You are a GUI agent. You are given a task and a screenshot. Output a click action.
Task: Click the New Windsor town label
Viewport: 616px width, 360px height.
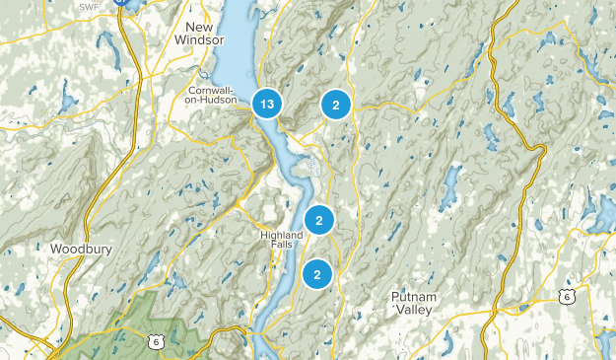click(x=199, y=32)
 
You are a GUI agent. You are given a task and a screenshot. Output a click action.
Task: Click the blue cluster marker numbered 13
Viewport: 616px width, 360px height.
click(x=266, y=104)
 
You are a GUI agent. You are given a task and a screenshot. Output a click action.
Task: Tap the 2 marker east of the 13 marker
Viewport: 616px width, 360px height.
click(x=336, y=105)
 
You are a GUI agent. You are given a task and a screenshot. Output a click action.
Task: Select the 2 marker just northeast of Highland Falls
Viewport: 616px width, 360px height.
click(x=319, y=221)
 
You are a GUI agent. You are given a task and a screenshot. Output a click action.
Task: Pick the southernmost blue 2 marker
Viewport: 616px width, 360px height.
click(x=317, y=274)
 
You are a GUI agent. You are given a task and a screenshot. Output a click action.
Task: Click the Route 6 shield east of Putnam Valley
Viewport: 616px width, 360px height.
click(x=563, y=296)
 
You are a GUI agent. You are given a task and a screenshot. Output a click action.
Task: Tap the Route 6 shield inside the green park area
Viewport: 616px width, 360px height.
click(x=156, y=341)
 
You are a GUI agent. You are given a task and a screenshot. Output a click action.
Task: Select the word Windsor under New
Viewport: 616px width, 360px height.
click(x=199, y=39)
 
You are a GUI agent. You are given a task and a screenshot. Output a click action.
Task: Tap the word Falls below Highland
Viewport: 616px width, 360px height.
click(x=285, y=248)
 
